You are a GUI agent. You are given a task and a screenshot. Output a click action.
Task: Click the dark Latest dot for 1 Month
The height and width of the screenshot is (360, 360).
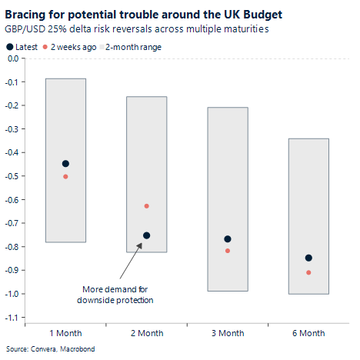click(x=65, y=164)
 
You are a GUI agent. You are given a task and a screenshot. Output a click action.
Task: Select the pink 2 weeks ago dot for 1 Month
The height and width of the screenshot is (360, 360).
click(x=65, y=177)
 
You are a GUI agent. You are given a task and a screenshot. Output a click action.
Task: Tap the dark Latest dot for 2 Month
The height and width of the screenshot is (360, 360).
click(x=146, y=235)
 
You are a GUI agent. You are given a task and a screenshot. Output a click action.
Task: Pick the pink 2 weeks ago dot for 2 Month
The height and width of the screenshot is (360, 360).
click(x=146, y=206)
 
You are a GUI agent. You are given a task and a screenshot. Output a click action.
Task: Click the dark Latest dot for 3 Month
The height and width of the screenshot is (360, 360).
click(x=227, y=239)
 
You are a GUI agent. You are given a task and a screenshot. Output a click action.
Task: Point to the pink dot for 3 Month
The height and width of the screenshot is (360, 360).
click(x=227, y=251)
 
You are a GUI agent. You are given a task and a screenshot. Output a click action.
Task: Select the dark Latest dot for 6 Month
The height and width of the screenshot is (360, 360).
click(x=308, y=258)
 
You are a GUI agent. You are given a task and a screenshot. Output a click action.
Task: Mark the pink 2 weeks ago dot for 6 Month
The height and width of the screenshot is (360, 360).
click(x=308, y=272)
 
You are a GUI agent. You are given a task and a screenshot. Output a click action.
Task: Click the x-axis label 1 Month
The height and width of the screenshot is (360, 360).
click(x=65, y=333)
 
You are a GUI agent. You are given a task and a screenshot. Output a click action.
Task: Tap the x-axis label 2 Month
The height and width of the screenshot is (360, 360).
click(x=146, y=333)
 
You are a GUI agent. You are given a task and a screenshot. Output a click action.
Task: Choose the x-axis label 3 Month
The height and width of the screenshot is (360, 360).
click(x=227, y=333)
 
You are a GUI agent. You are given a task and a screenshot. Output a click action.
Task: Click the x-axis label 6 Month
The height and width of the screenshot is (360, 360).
click(x=308, y=333)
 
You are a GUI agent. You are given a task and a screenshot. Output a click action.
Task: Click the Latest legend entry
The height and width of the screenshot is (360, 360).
click(x=25, y=47)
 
